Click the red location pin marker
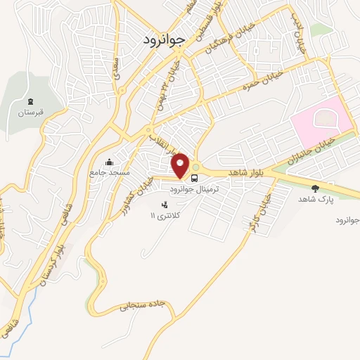(181, 165)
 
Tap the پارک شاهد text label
(314, 199)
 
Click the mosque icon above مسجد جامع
(108, 161)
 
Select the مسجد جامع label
(107, 172)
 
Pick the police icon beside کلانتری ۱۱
(165, 205)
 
